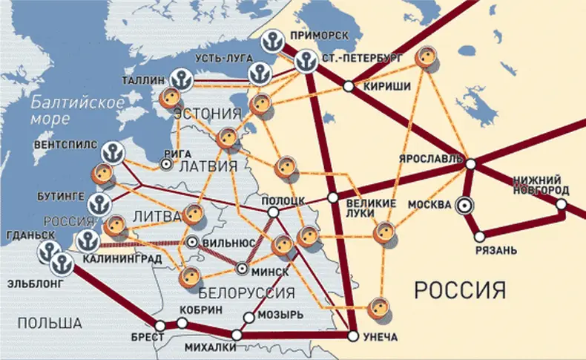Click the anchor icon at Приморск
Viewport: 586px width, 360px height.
(x=274, y=42)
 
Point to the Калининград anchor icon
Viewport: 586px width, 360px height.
(x=88, y=240)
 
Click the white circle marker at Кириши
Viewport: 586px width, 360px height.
(x=348, y=86)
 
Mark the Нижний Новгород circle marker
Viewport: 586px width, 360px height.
(x=562, y=203)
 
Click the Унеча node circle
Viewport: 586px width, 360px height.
(x=352, y=336)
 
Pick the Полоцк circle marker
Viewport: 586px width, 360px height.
(x=273, y=212)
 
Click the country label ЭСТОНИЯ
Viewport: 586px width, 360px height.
(x=208, y=114)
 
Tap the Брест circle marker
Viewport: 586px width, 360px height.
(x=159, y=324)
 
